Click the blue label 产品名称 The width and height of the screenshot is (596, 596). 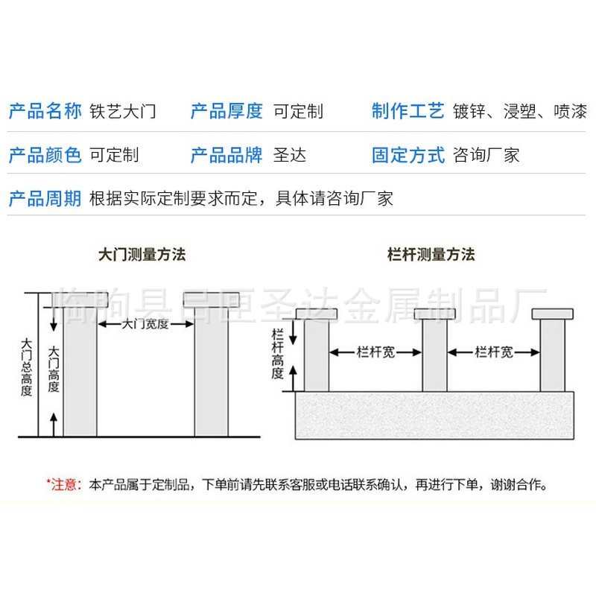point(45,112)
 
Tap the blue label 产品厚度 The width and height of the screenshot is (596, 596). point(226,112)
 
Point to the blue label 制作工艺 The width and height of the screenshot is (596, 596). point(408,112)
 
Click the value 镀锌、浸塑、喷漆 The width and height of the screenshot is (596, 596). point(520,112)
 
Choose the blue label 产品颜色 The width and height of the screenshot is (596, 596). point(45,156)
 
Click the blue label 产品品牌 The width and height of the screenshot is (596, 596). point(226,156)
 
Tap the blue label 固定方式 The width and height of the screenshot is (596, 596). point(408,156)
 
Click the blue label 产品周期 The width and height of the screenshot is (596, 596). point(45,199)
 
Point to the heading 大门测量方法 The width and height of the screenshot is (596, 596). point(142,254)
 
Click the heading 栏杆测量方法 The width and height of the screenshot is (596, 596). point(431,254)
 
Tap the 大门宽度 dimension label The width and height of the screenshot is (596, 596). point(146,325)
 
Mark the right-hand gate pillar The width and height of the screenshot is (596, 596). point(211,372)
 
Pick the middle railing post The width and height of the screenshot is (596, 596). point(434,355)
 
